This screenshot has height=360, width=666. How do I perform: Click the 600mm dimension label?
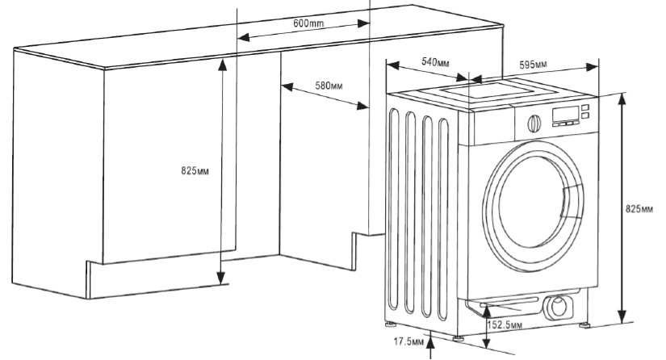click(308, 23)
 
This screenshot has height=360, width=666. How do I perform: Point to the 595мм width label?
click(534, 64)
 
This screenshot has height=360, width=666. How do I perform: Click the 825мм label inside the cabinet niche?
click(196, 171)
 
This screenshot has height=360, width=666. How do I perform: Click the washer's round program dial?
click(532, 123)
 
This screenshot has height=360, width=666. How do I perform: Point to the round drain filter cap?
click(556, 307)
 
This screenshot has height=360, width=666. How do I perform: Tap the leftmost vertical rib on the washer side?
click(393, 210)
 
